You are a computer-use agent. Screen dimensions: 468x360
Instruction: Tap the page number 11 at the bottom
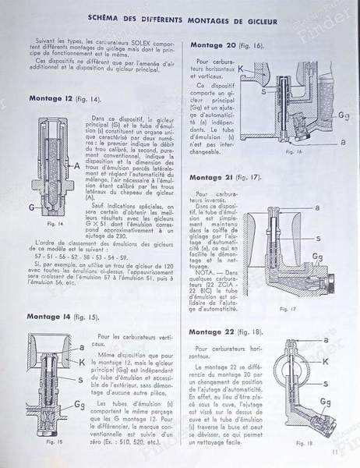[333, 449]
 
